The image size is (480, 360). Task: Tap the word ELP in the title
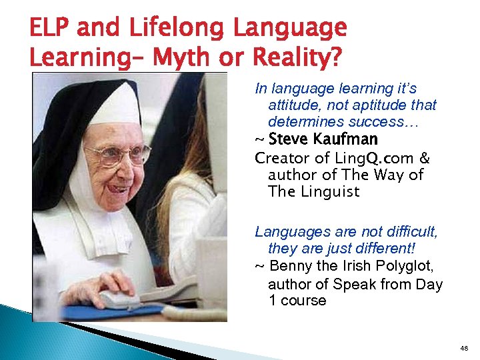click(x=52, y=28)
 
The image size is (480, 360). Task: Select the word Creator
click(x=279, y=159)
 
